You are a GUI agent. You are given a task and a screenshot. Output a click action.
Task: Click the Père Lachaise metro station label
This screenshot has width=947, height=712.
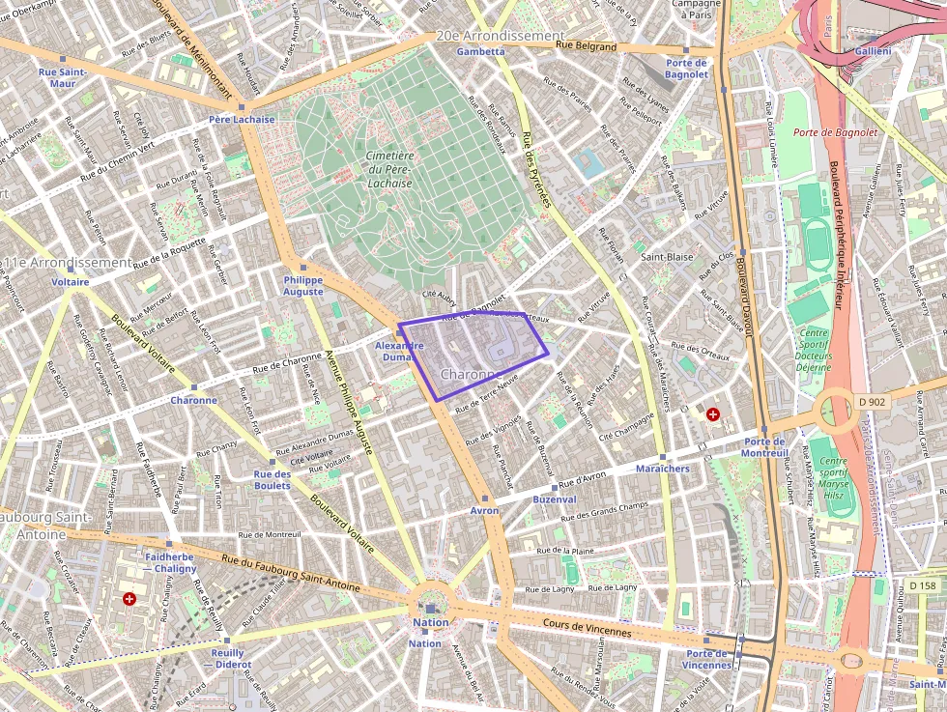[242, 120]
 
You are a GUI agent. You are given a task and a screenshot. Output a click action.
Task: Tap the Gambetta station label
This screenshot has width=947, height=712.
[480, 51]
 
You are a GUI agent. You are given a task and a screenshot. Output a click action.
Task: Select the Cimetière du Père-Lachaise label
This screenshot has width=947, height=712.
[389, 169]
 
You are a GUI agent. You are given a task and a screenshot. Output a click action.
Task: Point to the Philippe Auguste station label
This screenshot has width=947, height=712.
[303, 285]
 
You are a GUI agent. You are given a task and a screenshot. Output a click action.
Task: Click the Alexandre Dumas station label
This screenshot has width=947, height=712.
[399, 351]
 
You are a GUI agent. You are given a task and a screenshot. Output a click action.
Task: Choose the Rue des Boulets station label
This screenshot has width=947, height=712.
[273, 479]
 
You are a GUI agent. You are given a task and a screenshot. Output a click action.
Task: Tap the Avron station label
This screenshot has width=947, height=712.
[484, 510]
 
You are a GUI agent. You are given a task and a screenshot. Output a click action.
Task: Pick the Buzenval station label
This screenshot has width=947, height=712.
[555, 499]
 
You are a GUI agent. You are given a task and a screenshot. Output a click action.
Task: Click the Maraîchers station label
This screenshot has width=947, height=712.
[663, 469]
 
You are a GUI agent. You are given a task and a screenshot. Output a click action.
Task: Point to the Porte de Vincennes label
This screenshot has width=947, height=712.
[707, 659]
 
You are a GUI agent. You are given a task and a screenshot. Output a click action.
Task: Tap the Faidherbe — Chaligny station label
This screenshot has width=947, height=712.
[169, 563]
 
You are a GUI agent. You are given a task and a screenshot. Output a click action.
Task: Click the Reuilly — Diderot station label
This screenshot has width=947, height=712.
[227, 658]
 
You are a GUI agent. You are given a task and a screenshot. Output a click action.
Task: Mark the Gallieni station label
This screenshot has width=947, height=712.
[874, 50]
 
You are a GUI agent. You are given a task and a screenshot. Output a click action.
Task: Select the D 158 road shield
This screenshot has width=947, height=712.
[923, 585]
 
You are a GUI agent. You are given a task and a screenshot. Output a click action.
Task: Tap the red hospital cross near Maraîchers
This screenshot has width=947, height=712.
[713, 414]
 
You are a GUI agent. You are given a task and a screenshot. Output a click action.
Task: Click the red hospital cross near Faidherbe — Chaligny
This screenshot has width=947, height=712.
[129, 600]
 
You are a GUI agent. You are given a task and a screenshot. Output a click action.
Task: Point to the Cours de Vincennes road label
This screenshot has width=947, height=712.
[587, 628]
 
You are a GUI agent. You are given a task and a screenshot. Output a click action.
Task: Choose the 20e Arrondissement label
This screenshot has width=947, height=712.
[500, 36]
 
